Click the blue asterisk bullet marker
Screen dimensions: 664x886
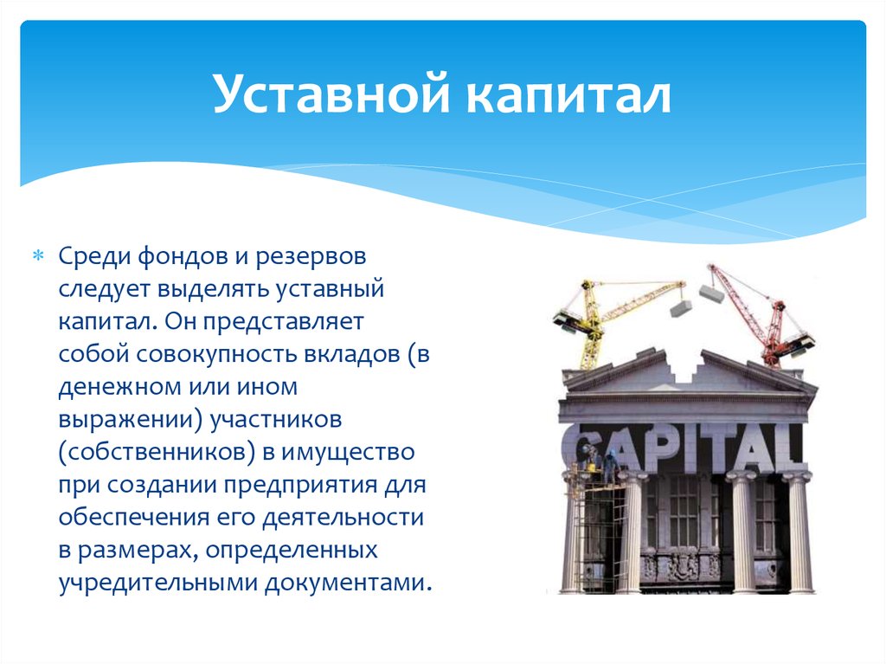tap(38, 257)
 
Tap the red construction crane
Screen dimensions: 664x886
tap(766, 316)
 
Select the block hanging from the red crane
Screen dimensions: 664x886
tap(711, 294)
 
